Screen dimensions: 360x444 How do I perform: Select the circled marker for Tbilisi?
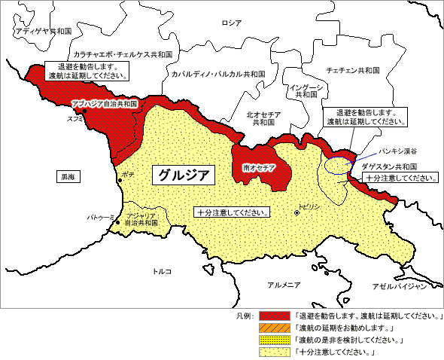[297, 213]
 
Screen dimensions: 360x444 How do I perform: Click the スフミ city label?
[75, 118]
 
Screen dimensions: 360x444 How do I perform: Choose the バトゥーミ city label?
[100, 217]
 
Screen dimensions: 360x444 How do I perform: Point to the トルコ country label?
[162, 271]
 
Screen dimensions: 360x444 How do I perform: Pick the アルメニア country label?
[284, 284]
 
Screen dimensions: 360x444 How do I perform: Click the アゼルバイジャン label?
[400, 286]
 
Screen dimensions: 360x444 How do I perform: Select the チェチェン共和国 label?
[352, 69]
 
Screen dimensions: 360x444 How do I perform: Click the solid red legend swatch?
[275, 316]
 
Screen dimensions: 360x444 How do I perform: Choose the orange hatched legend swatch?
[275, 328]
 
